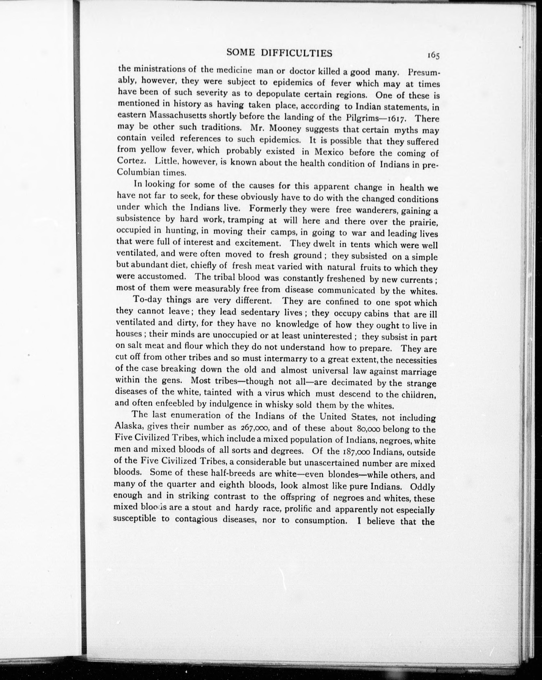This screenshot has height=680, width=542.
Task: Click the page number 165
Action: pyautogui.click(x=433, y=55)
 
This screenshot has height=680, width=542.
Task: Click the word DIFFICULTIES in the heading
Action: pyautogui.click(x=296, y=53)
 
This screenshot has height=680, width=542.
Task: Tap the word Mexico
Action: pyautogui.click(x=329, y=152)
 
